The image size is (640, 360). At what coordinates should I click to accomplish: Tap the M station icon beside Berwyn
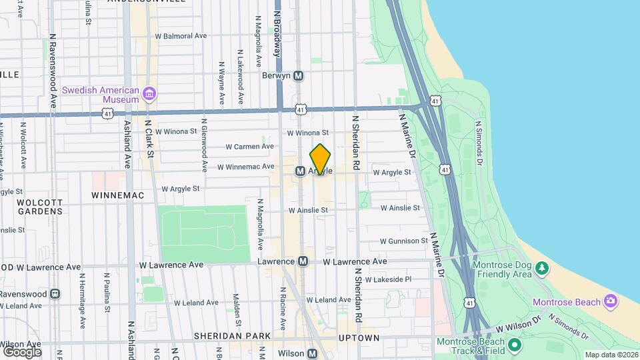tap(299, 76)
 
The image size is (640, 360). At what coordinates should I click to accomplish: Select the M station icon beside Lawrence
tap(303, 261)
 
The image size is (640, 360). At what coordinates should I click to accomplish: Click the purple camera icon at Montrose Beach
tap(610, 301)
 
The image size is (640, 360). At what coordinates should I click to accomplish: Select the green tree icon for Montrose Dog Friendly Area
tap(543, 268)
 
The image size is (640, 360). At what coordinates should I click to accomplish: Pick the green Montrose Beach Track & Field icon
tap(514, 345)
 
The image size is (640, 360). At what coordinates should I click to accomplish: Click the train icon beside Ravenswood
tap(55, 293)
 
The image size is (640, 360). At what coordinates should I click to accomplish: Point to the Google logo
tap(22, 351)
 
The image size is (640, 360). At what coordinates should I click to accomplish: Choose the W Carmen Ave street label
tap(249, 147)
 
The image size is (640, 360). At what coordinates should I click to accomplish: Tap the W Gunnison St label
tap(404, 241)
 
